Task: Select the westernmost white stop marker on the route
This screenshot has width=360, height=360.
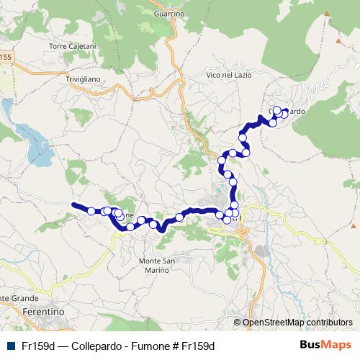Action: click(x=91, y=211)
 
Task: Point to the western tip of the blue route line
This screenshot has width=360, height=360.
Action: click(x=73, y=204)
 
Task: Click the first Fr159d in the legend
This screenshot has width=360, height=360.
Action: click(x=38, y=346)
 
